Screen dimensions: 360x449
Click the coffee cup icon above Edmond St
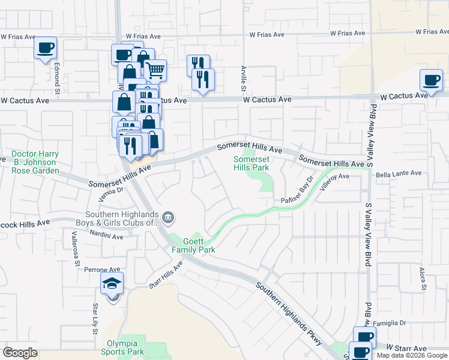46,48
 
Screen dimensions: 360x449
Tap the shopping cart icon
155,70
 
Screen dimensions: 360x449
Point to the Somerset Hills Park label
251,163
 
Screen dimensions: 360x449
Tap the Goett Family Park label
193,245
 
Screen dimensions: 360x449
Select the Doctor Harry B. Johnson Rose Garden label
34,162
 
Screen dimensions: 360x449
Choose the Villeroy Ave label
334,182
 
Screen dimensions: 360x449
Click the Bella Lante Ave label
399,174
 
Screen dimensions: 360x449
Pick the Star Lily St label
95,318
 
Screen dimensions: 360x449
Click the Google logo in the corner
20,353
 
